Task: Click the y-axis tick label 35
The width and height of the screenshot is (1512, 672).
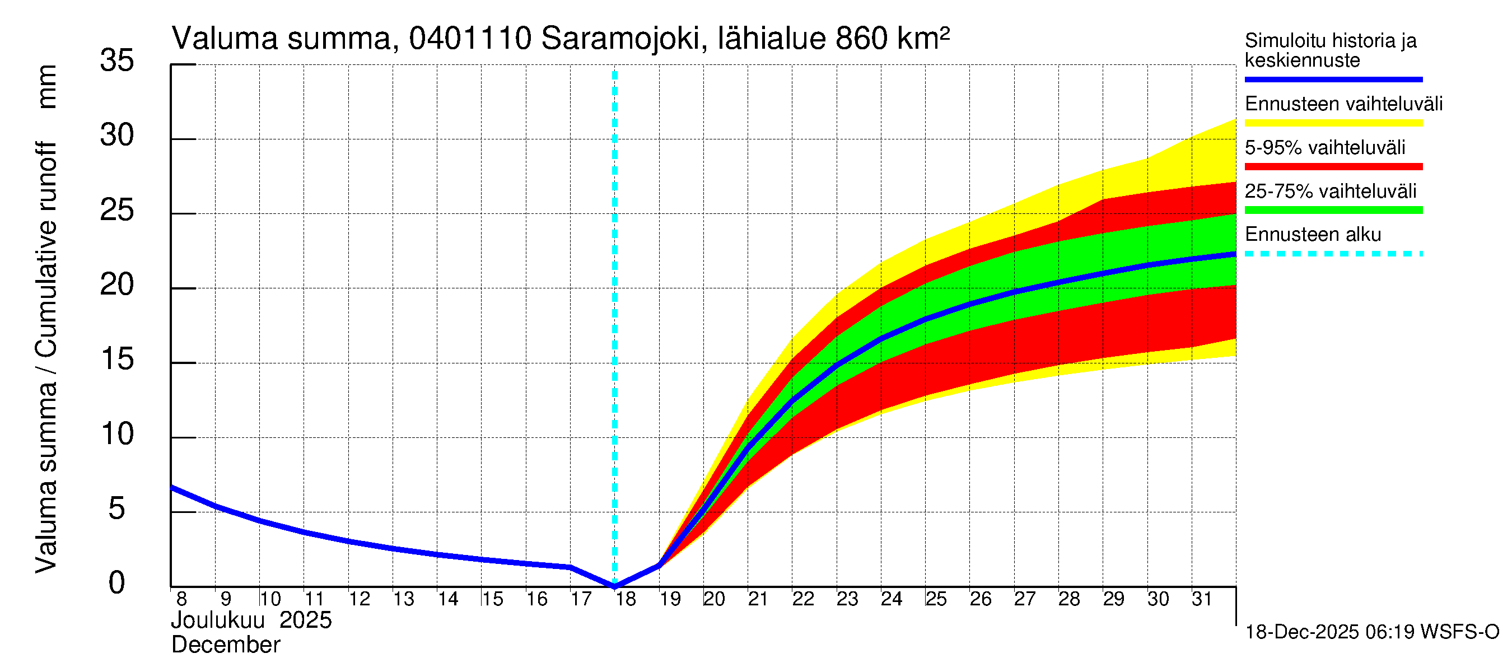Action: [117, 60]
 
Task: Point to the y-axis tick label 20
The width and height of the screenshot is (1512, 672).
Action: [117, 284]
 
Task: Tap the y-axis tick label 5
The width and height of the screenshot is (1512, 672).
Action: [117, 508]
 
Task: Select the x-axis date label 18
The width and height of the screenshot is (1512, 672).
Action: [626, 599]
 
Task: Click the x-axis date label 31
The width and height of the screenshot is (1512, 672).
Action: [1202, 599]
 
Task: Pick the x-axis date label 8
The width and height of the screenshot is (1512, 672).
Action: [181, 599]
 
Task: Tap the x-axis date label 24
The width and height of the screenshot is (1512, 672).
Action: [891, 599]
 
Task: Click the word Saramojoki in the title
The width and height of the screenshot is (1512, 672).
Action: [620, 39]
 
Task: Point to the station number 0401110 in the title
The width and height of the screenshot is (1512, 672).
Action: [470, 39]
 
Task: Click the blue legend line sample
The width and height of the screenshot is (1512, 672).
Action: [1333, 79]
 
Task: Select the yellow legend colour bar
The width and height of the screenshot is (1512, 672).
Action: [1333, 123]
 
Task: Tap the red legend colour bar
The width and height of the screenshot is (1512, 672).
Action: [1333, 167]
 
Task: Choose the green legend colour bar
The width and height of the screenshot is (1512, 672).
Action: [1333, 210]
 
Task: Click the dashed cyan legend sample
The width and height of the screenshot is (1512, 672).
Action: [1333, 254]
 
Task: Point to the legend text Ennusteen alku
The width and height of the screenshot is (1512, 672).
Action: [1313, 235]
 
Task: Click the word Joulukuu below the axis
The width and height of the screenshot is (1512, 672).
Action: [218, 620]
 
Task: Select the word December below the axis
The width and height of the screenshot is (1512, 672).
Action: [225, 645]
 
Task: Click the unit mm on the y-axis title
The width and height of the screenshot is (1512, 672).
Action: [47, 87]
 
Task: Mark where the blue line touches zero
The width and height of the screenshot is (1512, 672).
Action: [614, 586]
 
